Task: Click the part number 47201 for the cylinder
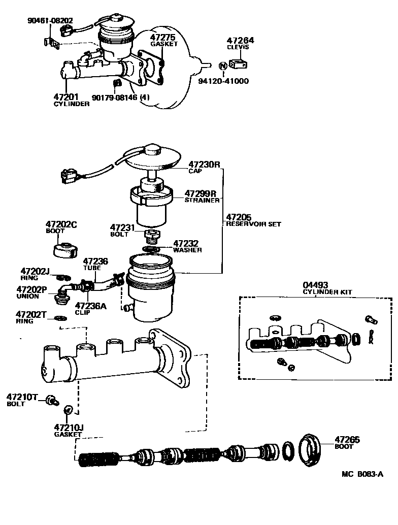pos(65,96)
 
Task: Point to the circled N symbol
pos(222,66)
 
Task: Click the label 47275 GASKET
pos(164,40)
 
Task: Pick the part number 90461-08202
pos(50,21)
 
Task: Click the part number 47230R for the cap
pos(204,165)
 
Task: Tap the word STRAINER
pos(202,200)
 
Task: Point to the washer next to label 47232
pos(151,249)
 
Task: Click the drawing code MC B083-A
pos(362,474)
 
